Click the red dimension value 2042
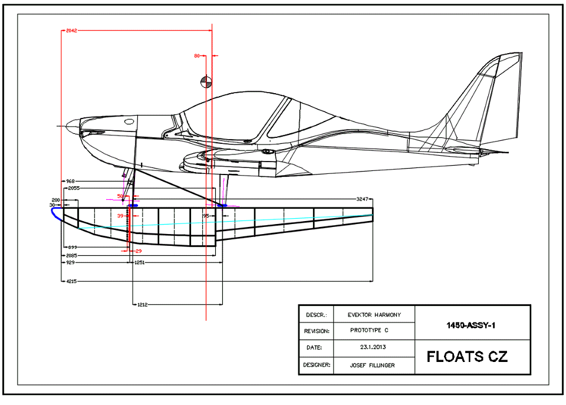71,29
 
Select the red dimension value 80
197,56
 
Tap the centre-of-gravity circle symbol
205,81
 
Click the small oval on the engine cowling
129,121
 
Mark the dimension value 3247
363,199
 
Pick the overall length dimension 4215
70,282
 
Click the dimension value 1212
143,304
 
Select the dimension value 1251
139,262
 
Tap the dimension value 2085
70,255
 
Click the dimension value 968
70,181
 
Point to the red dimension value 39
120,216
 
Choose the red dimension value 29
139,251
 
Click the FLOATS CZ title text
467,357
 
